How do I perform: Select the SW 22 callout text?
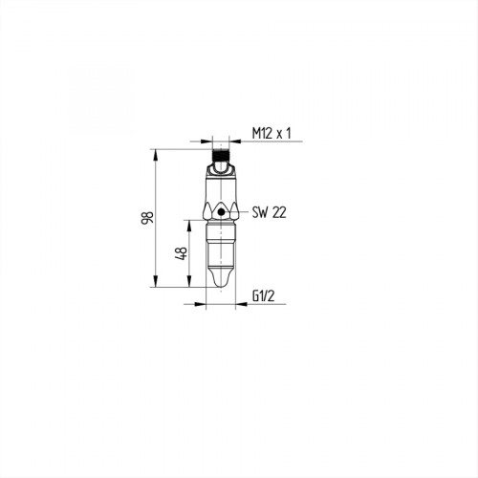[270, 213]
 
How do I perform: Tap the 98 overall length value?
[146, 219]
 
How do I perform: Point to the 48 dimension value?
[179, 253]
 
